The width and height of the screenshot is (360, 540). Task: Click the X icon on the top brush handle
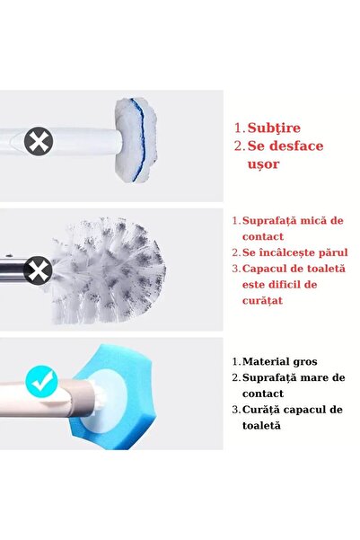click(x=37, y=141)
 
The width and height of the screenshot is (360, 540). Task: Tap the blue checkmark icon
click(x=41, y=384)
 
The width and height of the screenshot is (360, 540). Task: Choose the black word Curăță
click(x=264, y=410)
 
